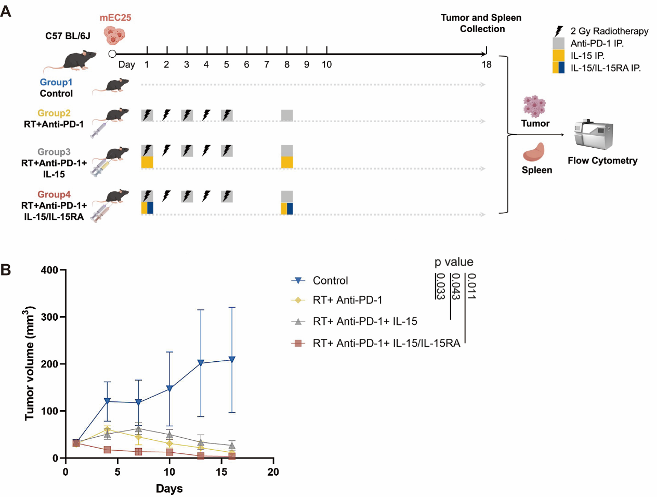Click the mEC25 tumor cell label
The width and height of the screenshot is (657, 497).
click(x=115, y=18)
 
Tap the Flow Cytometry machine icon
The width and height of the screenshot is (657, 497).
click(x=594, y=135)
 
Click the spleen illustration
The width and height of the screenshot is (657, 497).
click(x=534, y=152)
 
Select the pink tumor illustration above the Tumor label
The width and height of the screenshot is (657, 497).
click(x=534, y=106)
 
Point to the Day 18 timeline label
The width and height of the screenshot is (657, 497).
click(x=487, y=64)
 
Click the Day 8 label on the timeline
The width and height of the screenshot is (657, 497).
click(x=287, y=64)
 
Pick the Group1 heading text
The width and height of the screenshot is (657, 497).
click(x=56, y=82)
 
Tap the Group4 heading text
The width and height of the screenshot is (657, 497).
click(x=54, y=194)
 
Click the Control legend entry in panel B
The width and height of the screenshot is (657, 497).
click(x=330, y=281)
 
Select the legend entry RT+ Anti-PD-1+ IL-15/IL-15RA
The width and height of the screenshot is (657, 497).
click(x=386, y=343)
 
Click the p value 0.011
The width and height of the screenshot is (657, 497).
click(x=471, y=286)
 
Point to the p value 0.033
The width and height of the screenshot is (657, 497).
click(x=440, y=286)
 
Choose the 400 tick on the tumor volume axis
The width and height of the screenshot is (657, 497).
click(x=50, y=270)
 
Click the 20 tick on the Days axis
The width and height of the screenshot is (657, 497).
click(x=273, y=472)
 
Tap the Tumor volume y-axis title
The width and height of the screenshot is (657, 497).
click(x=29, y=364)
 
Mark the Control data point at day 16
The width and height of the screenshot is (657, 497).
click(x=232, y=360)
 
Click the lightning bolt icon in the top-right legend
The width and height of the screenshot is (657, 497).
click(x=559, y=31)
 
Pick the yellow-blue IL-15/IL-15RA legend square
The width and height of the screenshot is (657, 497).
click(x=559, y=68)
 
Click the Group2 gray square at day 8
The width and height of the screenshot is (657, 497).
click(x=287, y=115)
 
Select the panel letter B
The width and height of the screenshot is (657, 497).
click(x=6, y=270)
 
